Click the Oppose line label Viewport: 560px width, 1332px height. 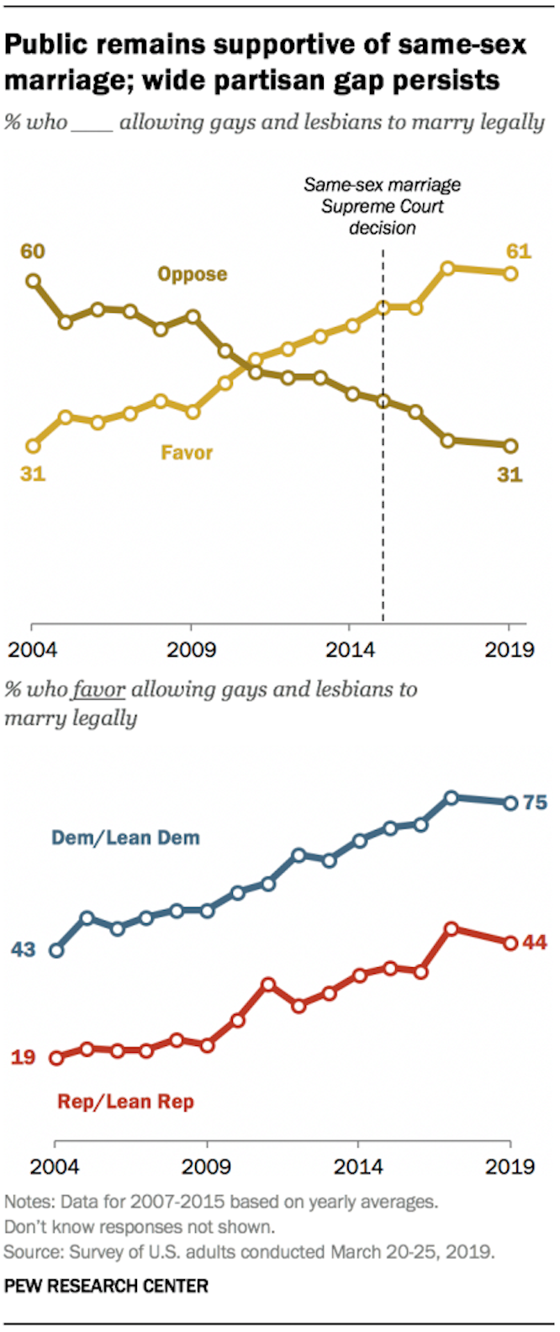coord(193,274)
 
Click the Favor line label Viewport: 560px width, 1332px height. coord(187,452)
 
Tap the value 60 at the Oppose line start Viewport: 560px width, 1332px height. coord(33,252)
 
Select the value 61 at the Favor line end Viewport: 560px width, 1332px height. coord(517,251)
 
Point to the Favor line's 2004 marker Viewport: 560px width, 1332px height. coord(33,446)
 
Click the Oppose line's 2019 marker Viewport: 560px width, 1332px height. coord(510,446)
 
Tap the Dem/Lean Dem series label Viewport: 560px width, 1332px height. coord(126,838)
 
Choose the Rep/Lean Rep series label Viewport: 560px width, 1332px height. coord(126,1101)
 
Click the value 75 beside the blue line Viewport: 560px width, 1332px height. coord(535,803)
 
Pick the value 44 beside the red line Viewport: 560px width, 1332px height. coord(535,943)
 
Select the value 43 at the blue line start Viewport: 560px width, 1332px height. coord(24,950)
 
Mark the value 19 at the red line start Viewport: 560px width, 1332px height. coord(24,1057)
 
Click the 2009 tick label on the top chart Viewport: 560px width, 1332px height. coord(192,650)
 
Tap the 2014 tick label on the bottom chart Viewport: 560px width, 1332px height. coord(358,1166)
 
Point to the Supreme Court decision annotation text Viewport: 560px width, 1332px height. coord(383,206)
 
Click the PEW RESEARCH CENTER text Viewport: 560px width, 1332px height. coord(106,1286)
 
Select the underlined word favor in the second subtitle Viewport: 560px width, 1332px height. coord(98,690)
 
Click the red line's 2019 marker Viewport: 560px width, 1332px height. coord(510,943)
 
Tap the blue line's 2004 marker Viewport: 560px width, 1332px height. coord(56,951)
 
